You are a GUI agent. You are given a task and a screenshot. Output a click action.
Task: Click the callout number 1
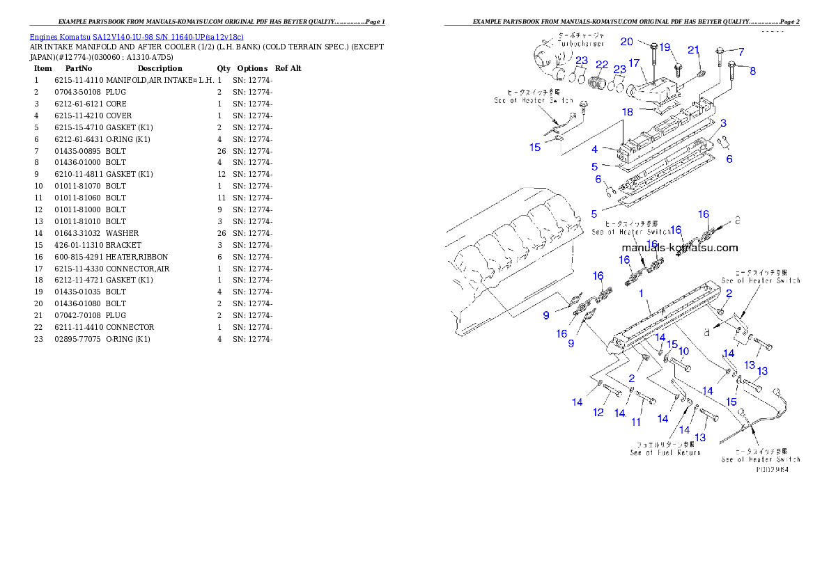pyautogui.click(x=642, y=294)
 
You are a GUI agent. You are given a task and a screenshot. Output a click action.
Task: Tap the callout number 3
pyautogui.click(x=724, y=123)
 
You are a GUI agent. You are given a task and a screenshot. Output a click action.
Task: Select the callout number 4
pyautogui.click(x=594, y=150)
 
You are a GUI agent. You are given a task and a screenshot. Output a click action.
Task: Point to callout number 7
pyautogui.click(x=741, y=52)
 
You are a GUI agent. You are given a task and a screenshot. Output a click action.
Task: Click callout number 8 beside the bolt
pyautogui.click(x=752, y=70)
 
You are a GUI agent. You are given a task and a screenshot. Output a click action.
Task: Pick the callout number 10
pyautogui.click(x=683, y=351)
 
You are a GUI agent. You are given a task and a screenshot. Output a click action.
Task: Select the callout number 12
pyautogui.click(x=598, y=413)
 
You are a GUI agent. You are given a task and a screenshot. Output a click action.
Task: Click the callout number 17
pyautogui.click(x=633, y=63)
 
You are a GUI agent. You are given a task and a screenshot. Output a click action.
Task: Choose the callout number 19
pyautogui.click(x=665, y=47)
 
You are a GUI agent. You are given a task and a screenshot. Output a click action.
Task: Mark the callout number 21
pyautogui.click(x=693, y=49)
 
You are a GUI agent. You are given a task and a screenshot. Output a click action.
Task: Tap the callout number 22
pyautogui.click(x=601, y=65)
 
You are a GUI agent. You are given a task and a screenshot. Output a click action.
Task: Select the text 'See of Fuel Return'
pyautogui.click(x=665, y=452)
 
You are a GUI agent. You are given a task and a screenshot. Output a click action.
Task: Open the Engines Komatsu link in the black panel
pyautogui.click(x=136, y=36)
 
